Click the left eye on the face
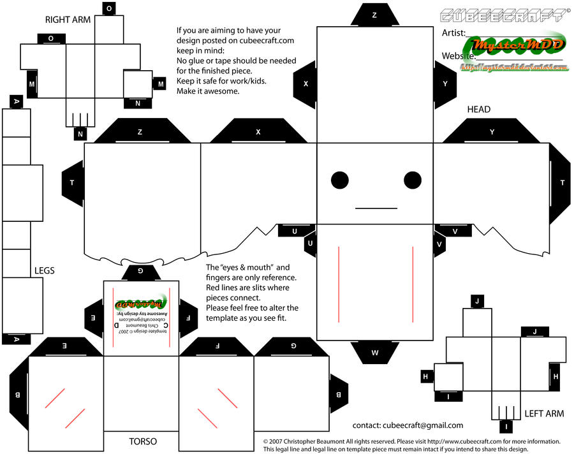point(339,181)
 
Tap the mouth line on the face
point(376,208)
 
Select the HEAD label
point(478,109)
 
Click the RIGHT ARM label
point(68,20)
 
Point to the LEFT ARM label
point(544,413)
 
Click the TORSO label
point(143,441)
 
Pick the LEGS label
point(44,270)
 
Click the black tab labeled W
point(375,352)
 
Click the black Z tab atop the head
point(374,14)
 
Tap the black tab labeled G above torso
point(141,272)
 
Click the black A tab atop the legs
point(16,101)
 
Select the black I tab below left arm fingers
point(507,426)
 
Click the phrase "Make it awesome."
point(208,91)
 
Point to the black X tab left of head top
point(305,84)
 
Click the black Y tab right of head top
point(445,84)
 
